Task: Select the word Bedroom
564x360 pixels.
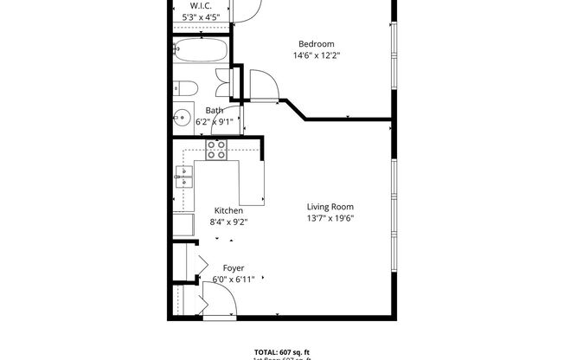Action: (316, 44)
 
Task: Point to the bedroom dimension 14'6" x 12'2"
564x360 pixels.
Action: (316, 56)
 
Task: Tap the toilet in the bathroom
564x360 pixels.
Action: (183, 88)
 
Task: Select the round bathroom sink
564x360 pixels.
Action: (183, 117)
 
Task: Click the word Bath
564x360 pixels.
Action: (215, 110)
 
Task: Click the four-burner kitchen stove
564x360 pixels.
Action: (215, 151)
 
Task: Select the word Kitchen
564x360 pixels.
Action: (228, 210)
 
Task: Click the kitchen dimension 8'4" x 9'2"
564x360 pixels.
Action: (228, 222)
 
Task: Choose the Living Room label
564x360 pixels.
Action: (330, 207)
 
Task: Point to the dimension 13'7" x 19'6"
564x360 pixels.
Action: (330, 218)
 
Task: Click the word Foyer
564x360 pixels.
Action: (234, 268)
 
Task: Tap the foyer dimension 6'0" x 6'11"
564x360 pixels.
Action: (234, 280)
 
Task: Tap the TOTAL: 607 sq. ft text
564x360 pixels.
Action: (282, 350)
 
